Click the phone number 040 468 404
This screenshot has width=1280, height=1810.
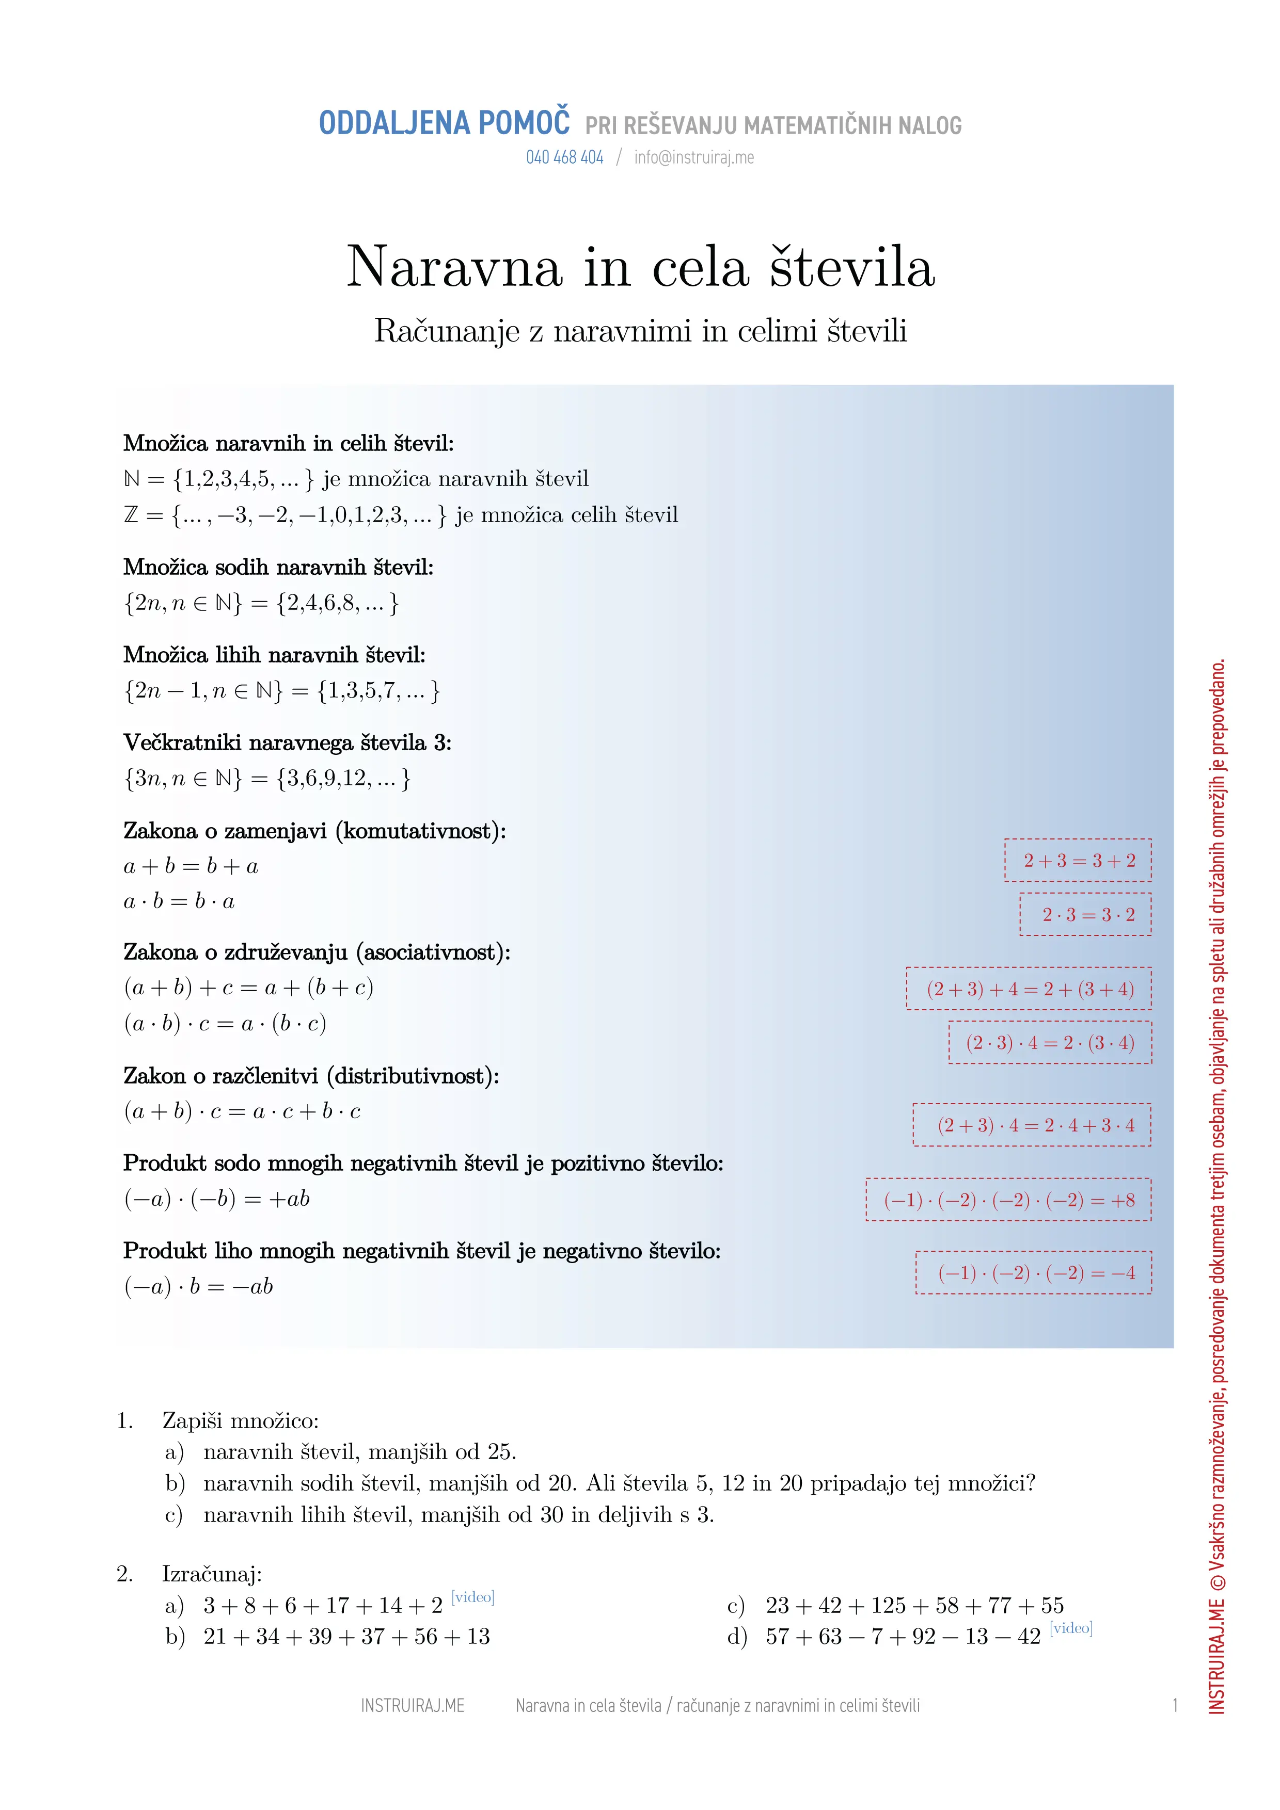tap(565, 158)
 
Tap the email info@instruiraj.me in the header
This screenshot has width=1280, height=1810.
tap(694, 158)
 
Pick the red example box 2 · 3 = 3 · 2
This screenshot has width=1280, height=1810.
tap(1085, 914)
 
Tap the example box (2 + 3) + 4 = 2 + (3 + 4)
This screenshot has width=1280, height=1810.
tap(1029, 989)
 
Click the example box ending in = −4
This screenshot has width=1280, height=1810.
tap(1033, 1272)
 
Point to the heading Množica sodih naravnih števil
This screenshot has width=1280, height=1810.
tap(278, 567)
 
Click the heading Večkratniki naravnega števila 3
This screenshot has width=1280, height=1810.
tap(287, 742)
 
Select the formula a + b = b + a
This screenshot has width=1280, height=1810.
tap(191, 866)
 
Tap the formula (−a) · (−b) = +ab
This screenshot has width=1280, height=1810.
tap(217, 1199)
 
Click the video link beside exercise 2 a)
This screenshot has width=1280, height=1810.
tap(472, 1597)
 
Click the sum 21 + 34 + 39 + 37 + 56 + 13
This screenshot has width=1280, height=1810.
tap(346, 1637)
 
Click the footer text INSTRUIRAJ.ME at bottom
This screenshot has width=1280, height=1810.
tap(413, 1706)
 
